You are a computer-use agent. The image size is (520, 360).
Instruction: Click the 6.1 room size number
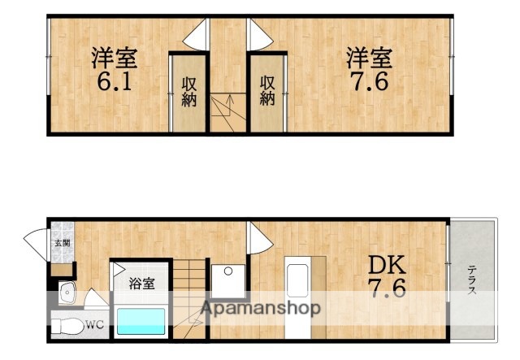(113, 82)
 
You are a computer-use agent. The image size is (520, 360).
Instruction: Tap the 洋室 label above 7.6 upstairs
(370, 59)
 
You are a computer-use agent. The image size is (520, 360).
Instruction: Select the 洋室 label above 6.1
(114, 59)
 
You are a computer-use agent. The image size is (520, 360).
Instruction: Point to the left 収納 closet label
(188, 90)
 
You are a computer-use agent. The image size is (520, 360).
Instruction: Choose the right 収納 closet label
(268, 90)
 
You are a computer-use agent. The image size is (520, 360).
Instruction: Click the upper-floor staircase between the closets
(228, 111)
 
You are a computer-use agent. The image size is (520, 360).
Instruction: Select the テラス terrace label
(471, 281)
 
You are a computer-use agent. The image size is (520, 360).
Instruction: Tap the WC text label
(95, 325)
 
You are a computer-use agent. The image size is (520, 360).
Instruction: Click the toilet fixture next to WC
(68, 327)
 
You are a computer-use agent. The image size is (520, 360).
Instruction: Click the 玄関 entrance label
(63, 242)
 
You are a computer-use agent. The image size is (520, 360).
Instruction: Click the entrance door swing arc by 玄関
(36, 242)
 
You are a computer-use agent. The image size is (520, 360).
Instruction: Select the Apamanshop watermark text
(261, 310)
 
